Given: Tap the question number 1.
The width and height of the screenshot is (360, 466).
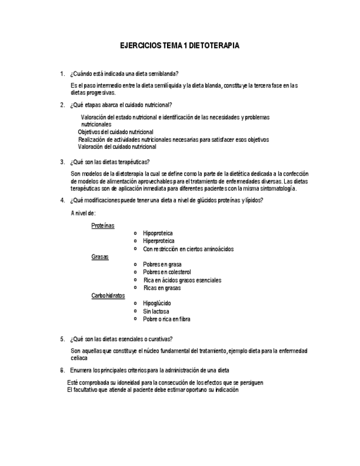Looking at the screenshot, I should click(x=62, y=74).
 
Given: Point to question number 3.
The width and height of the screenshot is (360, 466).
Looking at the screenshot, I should click(x=62, y=162).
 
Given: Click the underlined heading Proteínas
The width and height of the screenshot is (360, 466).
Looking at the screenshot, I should click(x=103, y=225).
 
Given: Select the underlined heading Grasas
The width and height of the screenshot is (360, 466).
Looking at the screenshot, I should click(x=100, y=257).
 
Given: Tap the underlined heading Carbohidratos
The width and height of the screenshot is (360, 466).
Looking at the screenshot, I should click(x=108, y=296).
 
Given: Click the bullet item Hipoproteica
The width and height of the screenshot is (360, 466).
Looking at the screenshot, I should click(x=158, y=234).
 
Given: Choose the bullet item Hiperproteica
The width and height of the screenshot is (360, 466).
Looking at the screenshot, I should click(x=159, y=241).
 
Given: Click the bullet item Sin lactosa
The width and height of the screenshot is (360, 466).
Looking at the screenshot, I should click(x=156, y=311).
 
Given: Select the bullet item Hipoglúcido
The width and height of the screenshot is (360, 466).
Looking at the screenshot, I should click(x=157, y=303).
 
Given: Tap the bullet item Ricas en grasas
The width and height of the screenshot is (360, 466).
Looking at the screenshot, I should click(x=162, y=288).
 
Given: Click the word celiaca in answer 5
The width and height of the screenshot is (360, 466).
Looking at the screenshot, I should click(x=79, y=358).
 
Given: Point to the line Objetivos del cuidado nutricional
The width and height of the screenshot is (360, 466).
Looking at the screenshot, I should click(x=115, y=132).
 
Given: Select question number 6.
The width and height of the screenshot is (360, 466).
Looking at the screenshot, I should click(x=62, y=370).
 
